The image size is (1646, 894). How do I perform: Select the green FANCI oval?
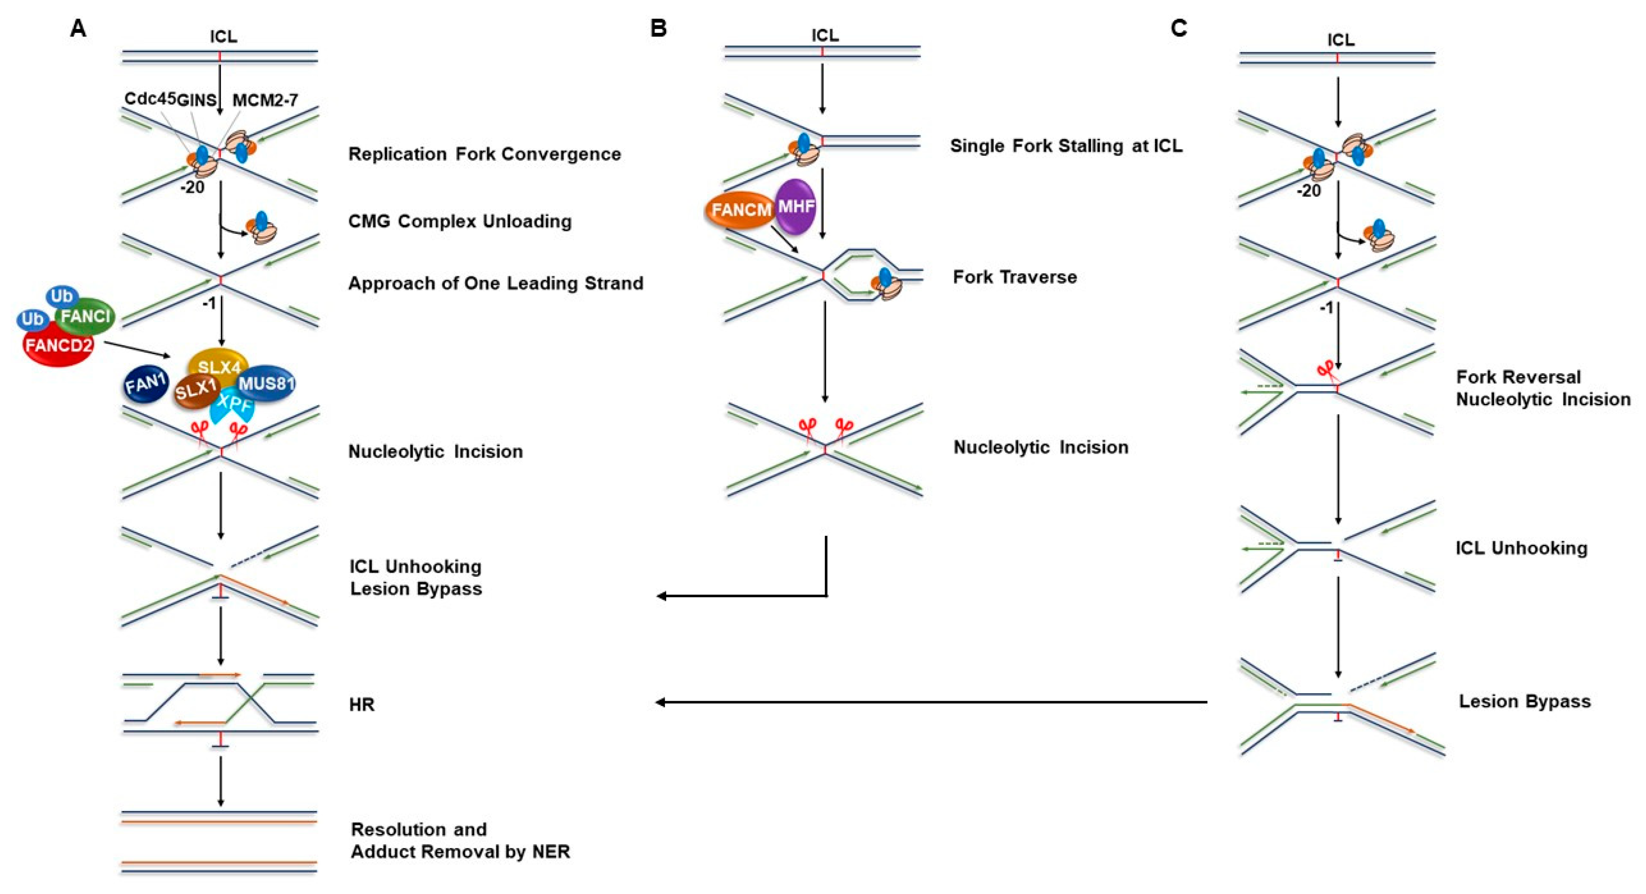coord(86,315)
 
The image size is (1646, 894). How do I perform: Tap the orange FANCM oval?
coord(740,210)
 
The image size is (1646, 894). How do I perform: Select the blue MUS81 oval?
coord(266,383)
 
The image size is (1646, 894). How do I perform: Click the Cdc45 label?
coord(149,98)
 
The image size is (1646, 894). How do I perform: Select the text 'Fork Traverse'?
coord(1015,277)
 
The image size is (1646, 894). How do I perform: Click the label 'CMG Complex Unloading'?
coord(459,221)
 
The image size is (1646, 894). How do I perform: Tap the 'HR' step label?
coord(362,704)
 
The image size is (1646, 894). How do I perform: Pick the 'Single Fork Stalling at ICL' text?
coord(1066,146)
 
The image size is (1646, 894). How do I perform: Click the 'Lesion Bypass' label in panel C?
coord(1525,701)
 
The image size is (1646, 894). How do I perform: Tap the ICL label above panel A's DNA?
coord(224,36)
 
